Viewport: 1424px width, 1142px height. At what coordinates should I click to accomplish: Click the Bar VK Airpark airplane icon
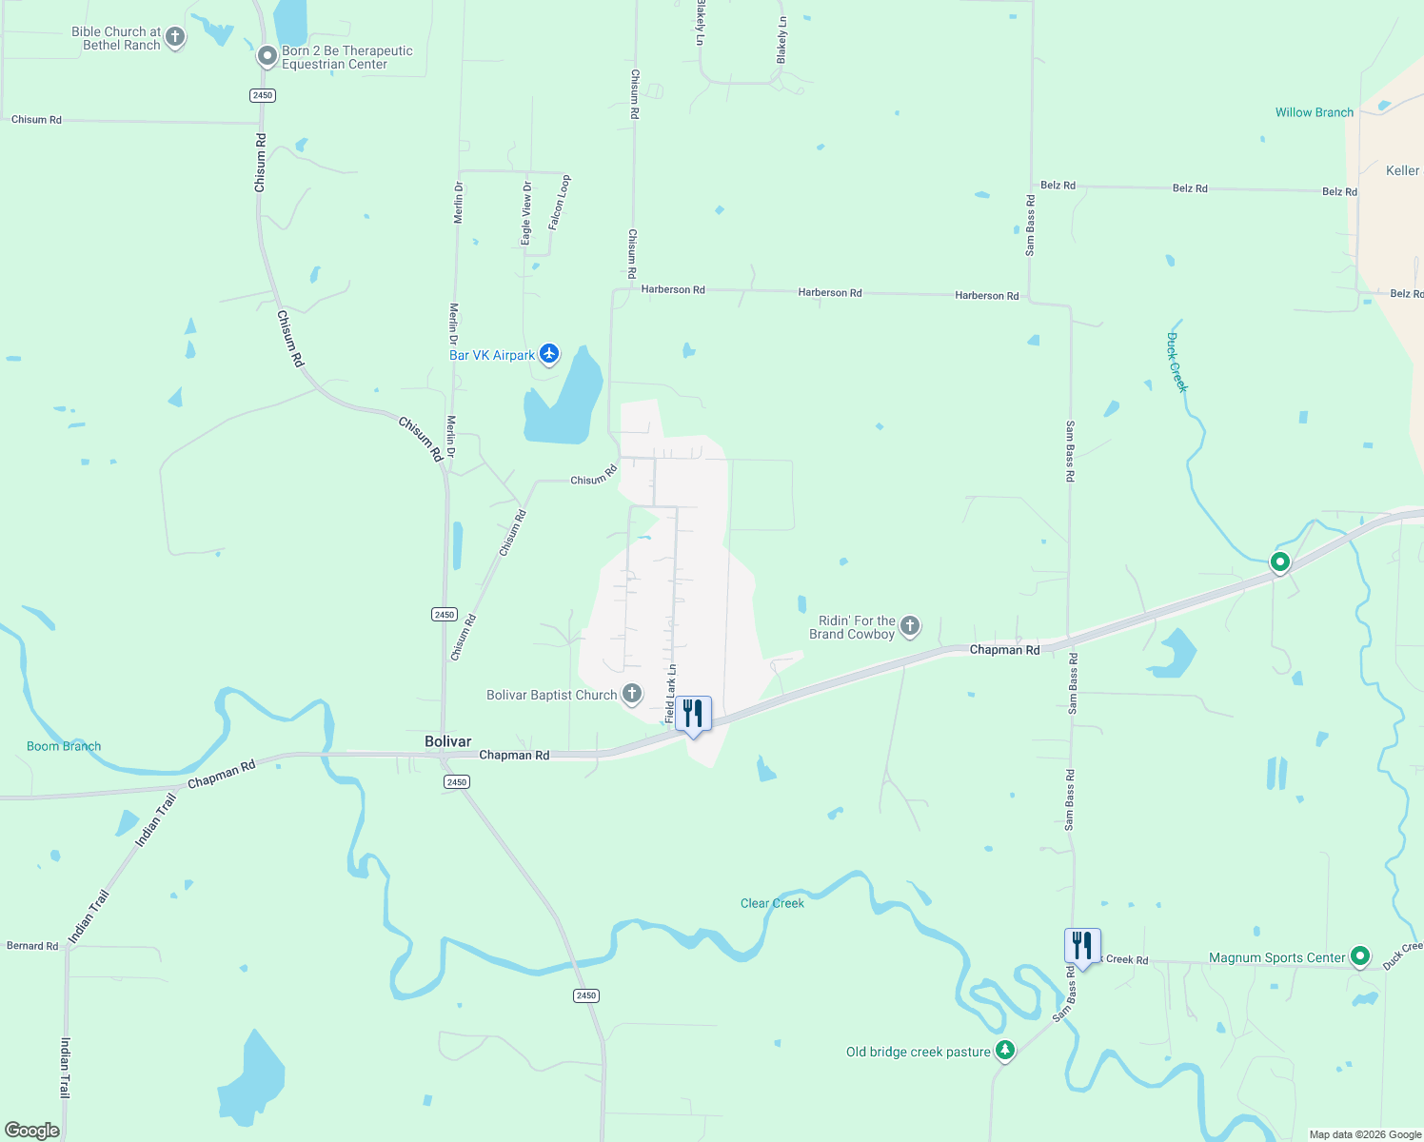pos(549,354)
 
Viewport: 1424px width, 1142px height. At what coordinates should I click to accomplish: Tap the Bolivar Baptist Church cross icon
pos(632,694)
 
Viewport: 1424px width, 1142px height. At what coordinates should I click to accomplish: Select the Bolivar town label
pos(447,741)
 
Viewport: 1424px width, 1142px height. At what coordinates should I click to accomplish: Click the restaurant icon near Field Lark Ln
pos(693,713)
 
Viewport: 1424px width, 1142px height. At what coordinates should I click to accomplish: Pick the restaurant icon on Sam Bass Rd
pos(1082,945)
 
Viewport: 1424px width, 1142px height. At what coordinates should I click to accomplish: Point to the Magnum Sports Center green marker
pos(1360,955)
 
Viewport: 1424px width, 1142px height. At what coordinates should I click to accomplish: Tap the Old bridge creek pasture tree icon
pos(1005,1051)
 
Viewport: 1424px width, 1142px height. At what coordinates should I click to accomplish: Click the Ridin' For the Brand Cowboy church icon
pos(910,625)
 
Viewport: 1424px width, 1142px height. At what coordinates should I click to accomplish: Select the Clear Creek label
pos(772,903)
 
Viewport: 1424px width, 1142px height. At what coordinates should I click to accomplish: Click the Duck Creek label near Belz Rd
pos(1177,362)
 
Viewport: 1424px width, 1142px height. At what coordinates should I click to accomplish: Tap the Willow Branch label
pos(1314,112)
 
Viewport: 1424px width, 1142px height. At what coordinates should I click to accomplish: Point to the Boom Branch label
pos(64,746)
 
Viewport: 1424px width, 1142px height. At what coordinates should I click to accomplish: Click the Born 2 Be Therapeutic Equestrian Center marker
pos(267,57)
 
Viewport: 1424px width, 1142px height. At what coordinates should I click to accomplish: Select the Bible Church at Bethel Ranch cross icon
pos(174,37)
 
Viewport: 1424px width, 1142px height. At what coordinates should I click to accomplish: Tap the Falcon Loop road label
pos(559,202)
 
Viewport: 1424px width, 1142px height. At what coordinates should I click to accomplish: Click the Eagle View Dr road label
pos(526,213)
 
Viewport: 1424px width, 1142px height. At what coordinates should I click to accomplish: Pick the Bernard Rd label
pos(32,946)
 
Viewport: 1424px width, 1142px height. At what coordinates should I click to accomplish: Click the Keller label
pos(1402,170)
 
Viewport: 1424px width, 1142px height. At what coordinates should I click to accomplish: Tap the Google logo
pos(32,1131)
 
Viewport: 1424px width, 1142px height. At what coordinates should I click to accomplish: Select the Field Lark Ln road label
pos(671,693)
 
